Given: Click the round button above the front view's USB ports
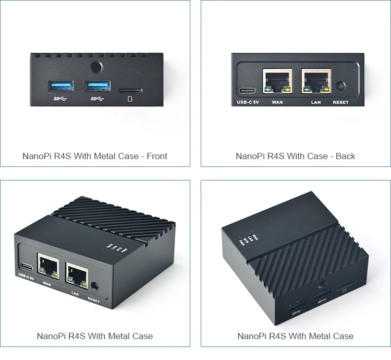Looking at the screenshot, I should pos(95,67).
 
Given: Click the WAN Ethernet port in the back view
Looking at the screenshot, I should pos(277,81).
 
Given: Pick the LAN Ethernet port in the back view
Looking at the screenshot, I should pos(315,81).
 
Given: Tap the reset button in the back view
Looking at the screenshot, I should pos(341,86).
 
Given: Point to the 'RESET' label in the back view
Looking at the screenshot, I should pos(340,103).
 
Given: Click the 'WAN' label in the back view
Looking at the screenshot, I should pos(277,103).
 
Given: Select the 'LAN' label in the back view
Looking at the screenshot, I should pos(316,103).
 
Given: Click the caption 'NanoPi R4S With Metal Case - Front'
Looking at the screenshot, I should pos(95,156).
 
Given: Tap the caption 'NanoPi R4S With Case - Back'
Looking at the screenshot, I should pos(296,156).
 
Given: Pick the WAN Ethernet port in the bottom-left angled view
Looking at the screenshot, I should pos(48,267).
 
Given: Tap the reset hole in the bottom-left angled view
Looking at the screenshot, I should pos(95,286).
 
